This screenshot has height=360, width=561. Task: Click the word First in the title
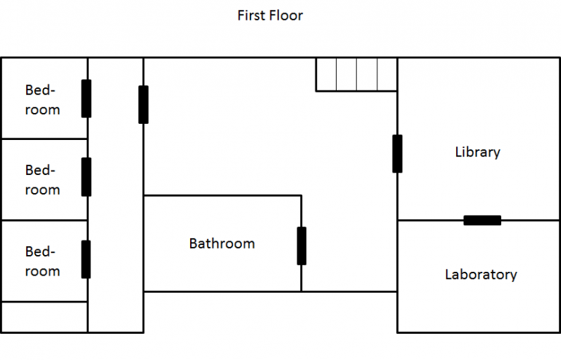(x=253, y=15)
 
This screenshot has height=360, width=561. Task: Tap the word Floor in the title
(x=286, y=15)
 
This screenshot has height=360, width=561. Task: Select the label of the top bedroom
(x=42, y=100)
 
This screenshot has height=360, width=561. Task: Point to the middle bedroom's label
(x=42, y=179)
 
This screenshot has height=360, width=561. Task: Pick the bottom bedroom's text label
(x=42, y=261)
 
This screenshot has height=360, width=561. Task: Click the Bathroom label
(x=221, y=243)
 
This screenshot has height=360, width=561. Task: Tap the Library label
(x=477, y=152)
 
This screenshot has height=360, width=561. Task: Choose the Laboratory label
(x=481, y=275)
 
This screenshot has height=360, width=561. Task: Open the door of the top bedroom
(x=86, y=98)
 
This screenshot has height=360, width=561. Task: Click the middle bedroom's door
(x=86, y=177)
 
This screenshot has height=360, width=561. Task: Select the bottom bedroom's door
(x=86, y=259)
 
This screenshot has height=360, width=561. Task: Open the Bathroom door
(x=301, y=246)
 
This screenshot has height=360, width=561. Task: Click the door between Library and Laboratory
(x=482, y=220)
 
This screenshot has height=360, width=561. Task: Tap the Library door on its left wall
(x=397, y=153)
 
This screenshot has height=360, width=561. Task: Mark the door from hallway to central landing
(x=144, y=104)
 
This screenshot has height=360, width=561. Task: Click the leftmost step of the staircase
(x=326, y=74)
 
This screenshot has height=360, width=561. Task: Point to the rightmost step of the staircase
(x=387, y=74)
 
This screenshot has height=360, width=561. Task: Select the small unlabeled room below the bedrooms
(x=44, y=317)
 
